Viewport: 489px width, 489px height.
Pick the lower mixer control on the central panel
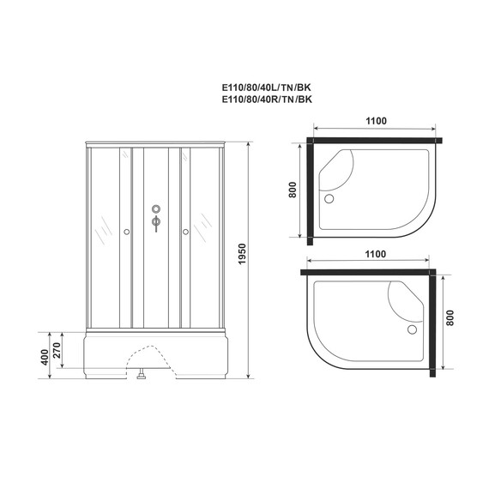coord(155,225)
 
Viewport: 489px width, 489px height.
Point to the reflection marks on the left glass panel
coord(103,226)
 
